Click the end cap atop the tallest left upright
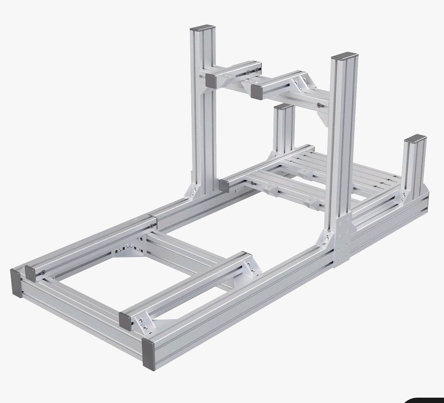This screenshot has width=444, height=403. [x=202, y=28]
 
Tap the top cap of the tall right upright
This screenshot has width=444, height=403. [x=345, y=56]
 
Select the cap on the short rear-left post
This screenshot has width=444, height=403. [x=283, y=107]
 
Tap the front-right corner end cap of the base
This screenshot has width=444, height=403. [x=148, y=354]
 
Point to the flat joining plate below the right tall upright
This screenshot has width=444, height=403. [x=342, y=242]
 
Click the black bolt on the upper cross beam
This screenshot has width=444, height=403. [x=319, y=105]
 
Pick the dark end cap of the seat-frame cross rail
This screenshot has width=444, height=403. [x=224, y=186]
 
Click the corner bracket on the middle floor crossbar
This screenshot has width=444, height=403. [x=252, y=267]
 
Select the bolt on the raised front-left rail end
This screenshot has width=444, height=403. [x=42, y=272]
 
